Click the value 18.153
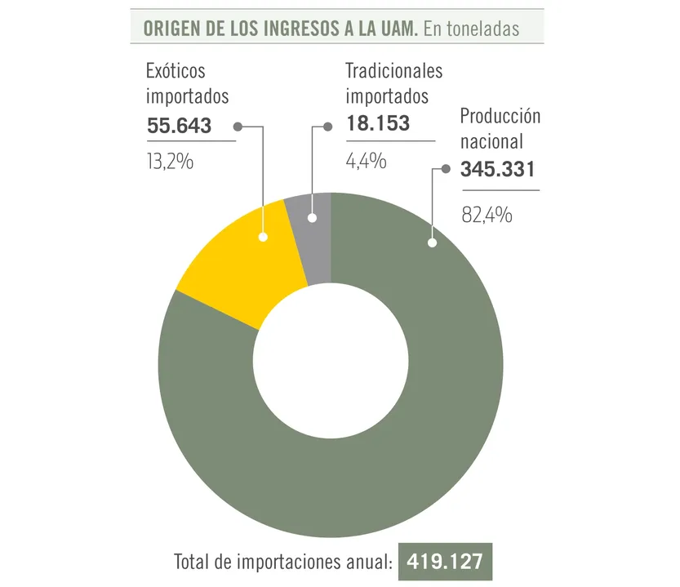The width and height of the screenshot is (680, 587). click(x=377, y=126)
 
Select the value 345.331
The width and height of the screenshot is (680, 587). click(x=497, y=170)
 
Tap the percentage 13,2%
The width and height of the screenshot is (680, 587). click(x=170, y=162)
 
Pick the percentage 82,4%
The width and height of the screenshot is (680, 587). click(x=487, y=216)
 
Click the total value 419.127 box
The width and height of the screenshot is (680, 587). click(x=445, y=563)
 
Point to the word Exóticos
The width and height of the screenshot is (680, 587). click(x=176, y=71)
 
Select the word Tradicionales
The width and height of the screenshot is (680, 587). click(x=393, y=71)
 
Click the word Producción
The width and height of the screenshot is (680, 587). click(x=500, y=115)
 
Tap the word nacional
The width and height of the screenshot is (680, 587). click(x=491, y=141)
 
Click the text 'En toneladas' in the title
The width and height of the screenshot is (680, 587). click(x=472, y=28)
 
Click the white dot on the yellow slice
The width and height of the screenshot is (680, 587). click(x=263, y=237)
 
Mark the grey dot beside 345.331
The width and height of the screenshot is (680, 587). click(x=446, y=170)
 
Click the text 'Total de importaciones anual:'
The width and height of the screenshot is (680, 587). click(x=283, y=563)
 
